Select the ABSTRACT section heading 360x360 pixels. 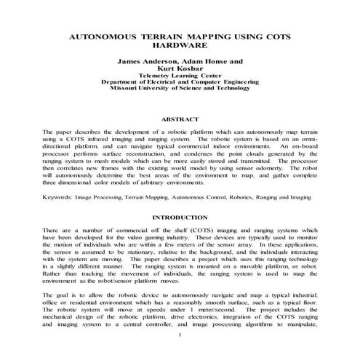pos(179,118)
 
